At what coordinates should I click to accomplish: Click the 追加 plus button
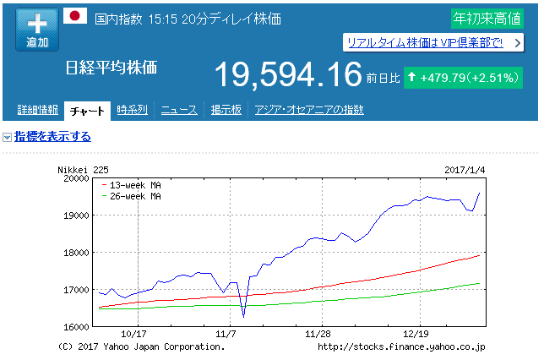[37, 30]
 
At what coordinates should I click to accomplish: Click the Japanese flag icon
[76, 16]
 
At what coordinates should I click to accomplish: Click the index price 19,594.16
[287, 76]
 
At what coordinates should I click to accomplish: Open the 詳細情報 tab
[37, 110]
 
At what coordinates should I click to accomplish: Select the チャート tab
[88, 110]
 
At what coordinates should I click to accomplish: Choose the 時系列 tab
[133, 110]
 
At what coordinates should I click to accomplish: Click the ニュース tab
[179, 110]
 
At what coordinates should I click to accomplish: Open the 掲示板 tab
[226, 110]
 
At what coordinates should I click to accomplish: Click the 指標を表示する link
[52, 137]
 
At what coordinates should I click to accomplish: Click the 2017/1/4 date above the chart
[465, 169]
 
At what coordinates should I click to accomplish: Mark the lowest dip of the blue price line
[243, 316]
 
